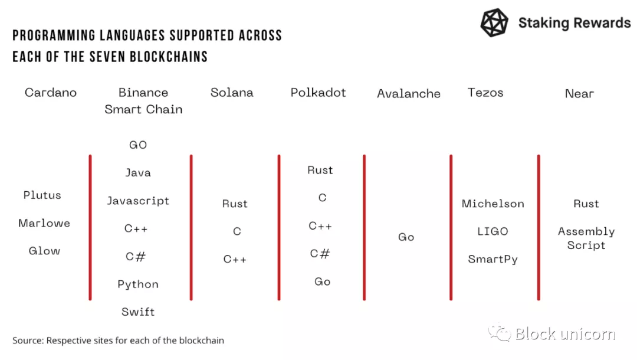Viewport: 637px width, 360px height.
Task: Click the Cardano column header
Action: click(51, 93)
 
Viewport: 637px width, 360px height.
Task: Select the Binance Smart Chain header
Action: click(143, 101)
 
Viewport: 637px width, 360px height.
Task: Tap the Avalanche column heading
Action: click(409, 93)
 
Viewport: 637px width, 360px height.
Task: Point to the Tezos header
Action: click(485, 93)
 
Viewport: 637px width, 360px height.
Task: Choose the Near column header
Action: click(579, 94)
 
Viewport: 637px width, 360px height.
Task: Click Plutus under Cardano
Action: click(42, 195)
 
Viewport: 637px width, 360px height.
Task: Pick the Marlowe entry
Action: click(44, 223)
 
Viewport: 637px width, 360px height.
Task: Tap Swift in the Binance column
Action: click(138, 312)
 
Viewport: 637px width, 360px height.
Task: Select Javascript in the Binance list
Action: click(138, 201)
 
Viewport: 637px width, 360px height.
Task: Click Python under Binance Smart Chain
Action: click(138, 284)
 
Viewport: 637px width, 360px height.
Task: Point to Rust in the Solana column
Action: click(235, 204)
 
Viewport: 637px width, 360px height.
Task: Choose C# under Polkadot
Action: click(320, 254)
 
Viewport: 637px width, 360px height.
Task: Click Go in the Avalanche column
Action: click(406, 237)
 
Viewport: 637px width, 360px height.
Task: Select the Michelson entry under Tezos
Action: click(492, 204)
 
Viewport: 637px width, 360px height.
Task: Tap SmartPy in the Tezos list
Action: click(492, 259)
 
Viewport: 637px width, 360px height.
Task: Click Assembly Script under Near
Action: click(586, 238)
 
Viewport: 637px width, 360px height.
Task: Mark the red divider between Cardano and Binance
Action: click(90, 228)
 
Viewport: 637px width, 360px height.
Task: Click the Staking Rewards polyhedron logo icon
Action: click(494, 23)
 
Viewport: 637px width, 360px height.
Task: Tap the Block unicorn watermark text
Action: click(565, 334)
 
